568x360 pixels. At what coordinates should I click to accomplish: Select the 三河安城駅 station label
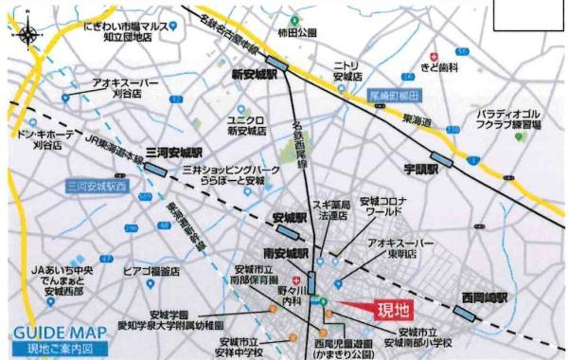click(175, 153)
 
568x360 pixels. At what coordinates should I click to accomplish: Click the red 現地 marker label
click(395, 309)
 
